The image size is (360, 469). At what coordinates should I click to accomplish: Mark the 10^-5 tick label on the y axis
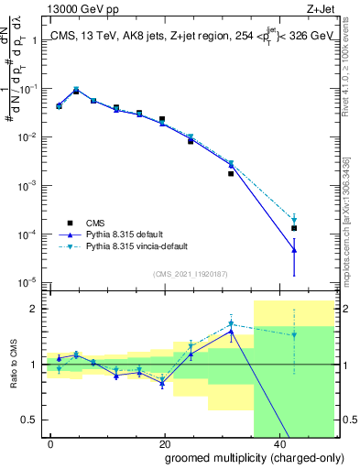coord(27,282)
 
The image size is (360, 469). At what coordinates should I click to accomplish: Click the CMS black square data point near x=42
coord(294,228)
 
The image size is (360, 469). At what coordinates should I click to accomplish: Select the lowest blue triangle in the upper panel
coord(294,250)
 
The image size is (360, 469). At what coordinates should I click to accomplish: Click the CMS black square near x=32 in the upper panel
coord(231,173)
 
